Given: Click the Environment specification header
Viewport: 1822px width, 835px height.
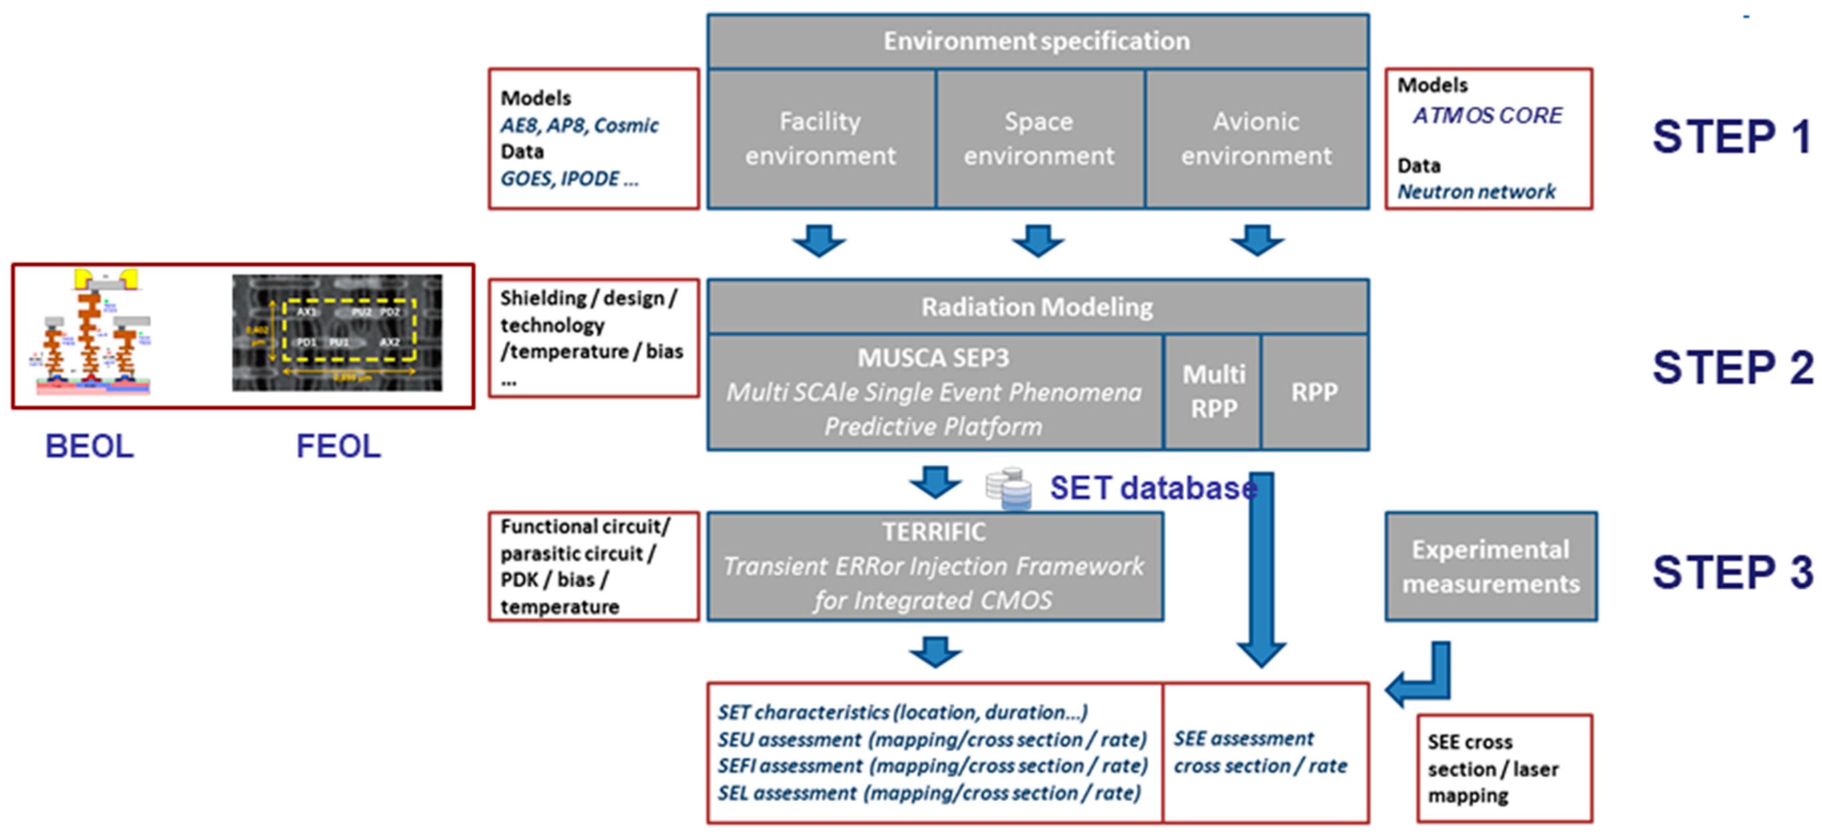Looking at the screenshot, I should (x=1037, y=41).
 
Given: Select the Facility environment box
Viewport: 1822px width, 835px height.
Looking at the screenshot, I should (x=821, y=139).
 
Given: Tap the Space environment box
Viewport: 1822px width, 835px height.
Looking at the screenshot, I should (x=1038, y=139).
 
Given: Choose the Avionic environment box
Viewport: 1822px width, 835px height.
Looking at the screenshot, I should (x=1256, y=139).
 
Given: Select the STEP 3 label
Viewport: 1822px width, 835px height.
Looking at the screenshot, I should (x=1731, y=571).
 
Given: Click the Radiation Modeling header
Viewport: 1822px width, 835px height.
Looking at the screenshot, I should (x=1037, y=307).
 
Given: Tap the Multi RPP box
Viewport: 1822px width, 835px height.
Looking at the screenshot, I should (x=1213, y=392).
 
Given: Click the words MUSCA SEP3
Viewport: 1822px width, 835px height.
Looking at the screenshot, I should (x=933, y=358).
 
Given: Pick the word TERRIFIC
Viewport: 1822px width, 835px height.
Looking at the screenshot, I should (x=933, y=532).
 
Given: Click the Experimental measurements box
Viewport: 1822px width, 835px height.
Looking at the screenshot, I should (x=1490, y=567).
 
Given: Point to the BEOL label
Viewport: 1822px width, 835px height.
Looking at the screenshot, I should (x=89, y=446).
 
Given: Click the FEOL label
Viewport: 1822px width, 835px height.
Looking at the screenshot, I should (x=338, y=446).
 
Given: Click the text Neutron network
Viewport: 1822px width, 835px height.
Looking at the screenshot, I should (x=1476, y=192).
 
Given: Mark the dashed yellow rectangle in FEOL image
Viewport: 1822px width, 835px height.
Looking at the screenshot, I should (x=350, y=330).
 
